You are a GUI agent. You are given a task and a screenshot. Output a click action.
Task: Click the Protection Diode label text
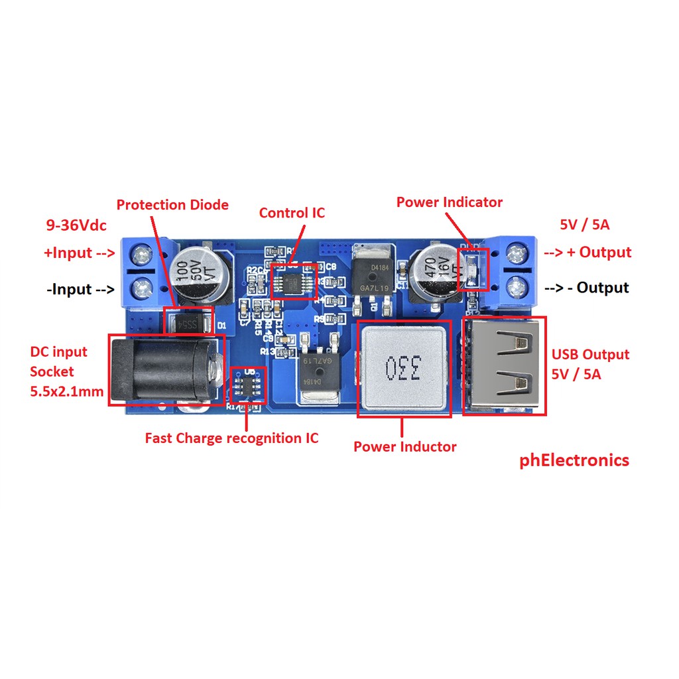tap(172, 205)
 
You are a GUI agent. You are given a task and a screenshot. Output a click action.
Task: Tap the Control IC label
tap(292, 213)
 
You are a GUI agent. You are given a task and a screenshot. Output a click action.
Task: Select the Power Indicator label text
tap(449, 202)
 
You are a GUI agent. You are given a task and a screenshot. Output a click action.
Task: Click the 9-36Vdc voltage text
tap(76, 225)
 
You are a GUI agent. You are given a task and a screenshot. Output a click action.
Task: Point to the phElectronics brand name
tap(574, 460)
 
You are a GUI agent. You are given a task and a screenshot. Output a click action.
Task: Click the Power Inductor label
tap(404, 447)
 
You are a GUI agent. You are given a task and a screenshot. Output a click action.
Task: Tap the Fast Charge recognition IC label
tap(231, 438)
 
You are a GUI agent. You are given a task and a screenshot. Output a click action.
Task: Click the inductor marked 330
tap(404, 369)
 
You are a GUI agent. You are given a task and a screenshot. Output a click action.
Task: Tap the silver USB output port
tap(504, 365)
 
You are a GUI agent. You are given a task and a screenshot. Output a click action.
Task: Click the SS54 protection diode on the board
tap(189, 325)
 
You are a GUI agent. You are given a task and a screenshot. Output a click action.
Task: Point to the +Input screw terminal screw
tap(141, 254)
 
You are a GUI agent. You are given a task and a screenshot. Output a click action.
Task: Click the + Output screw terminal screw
tap(517, 253)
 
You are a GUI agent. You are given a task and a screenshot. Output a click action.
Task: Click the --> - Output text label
tap(587, 288)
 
